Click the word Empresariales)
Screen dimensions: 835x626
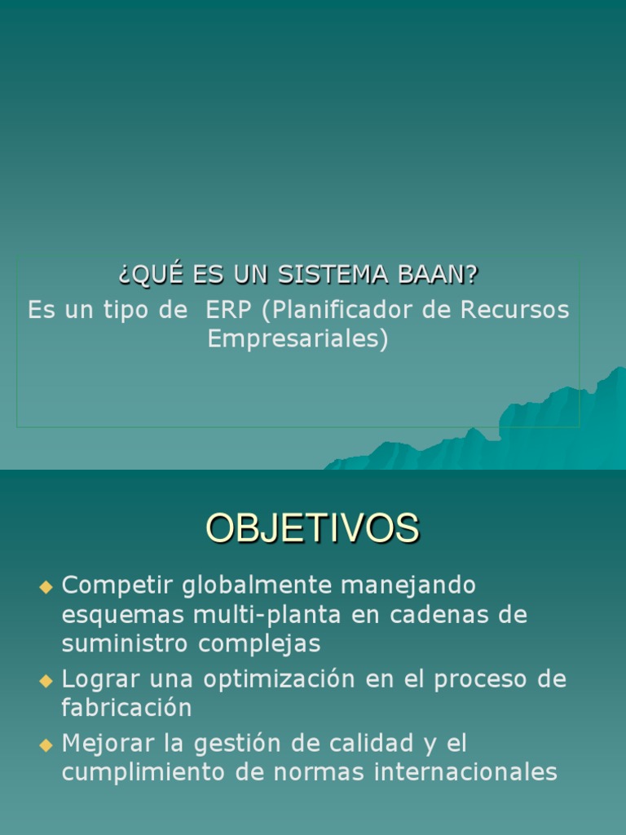point(298,338)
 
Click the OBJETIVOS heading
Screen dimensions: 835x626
point(312,528)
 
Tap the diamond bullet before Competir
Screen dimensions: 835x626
point(46,586)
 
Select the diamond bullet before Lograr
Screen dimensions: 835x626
point(46,680)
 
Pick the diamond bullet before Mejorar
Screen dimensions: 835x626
point(46,744)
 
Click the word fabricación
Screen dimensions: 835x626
point(126,708)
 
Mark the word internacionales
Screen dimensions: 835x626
point(465,772)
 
